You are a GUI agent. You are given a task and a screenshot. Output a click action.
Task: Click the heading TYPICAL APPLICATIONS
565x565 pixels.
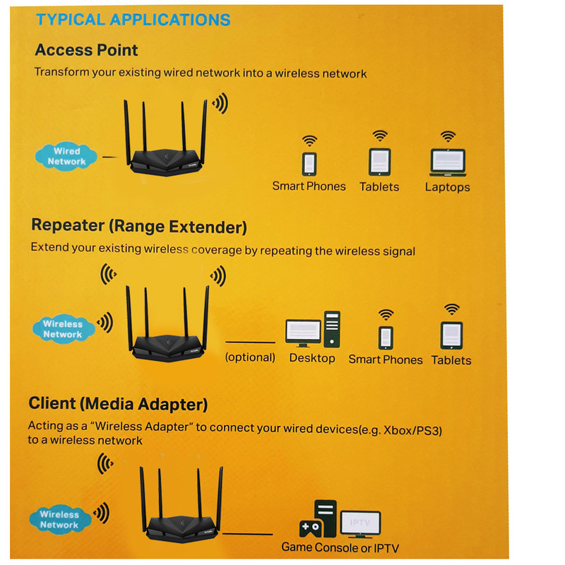tap(133, 20)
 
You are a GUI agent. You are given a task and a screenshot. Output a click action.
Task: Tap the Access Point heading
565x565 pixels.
tap(86, 51)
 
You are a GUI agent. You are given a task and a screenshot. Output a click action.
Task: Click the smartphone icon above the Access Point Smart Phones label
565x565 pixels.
tap(309, 164)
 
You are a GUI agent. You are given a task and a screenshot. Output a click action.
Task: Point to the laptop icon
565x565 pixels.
tap(448, 162)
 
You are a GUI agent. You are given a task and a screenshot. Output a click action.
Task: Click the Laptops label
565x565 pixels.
tap(448, 188)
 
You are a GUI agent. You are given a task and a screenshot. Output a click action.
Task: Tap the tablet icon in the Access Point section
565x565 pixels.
tap(380, 162)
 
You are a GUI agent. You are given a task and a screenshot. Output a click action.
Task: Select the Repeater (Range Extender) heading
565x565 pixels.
tap(139, 227)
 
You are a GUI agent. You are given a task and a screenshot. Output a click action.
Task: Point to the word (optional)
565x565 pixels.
tap(250, 357)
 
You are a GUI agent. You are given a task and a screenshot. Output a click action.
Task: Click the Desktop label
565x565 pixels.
tap(312, 358)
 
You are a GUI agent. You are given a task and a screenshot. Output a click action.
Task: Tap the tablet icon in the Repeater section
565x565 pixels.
tap(451, 334)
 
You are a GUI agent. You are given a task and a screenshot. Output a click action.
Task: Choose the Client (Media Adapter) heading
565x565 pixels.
tap(118, 404)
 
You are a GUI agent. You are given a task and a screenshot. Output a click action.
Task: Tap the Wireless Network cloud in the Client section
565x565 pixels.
tap(59, 520)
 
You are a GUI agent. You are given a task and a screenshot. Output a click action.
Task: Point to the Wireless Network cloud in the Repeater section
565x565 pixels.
tap(63, 329)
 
